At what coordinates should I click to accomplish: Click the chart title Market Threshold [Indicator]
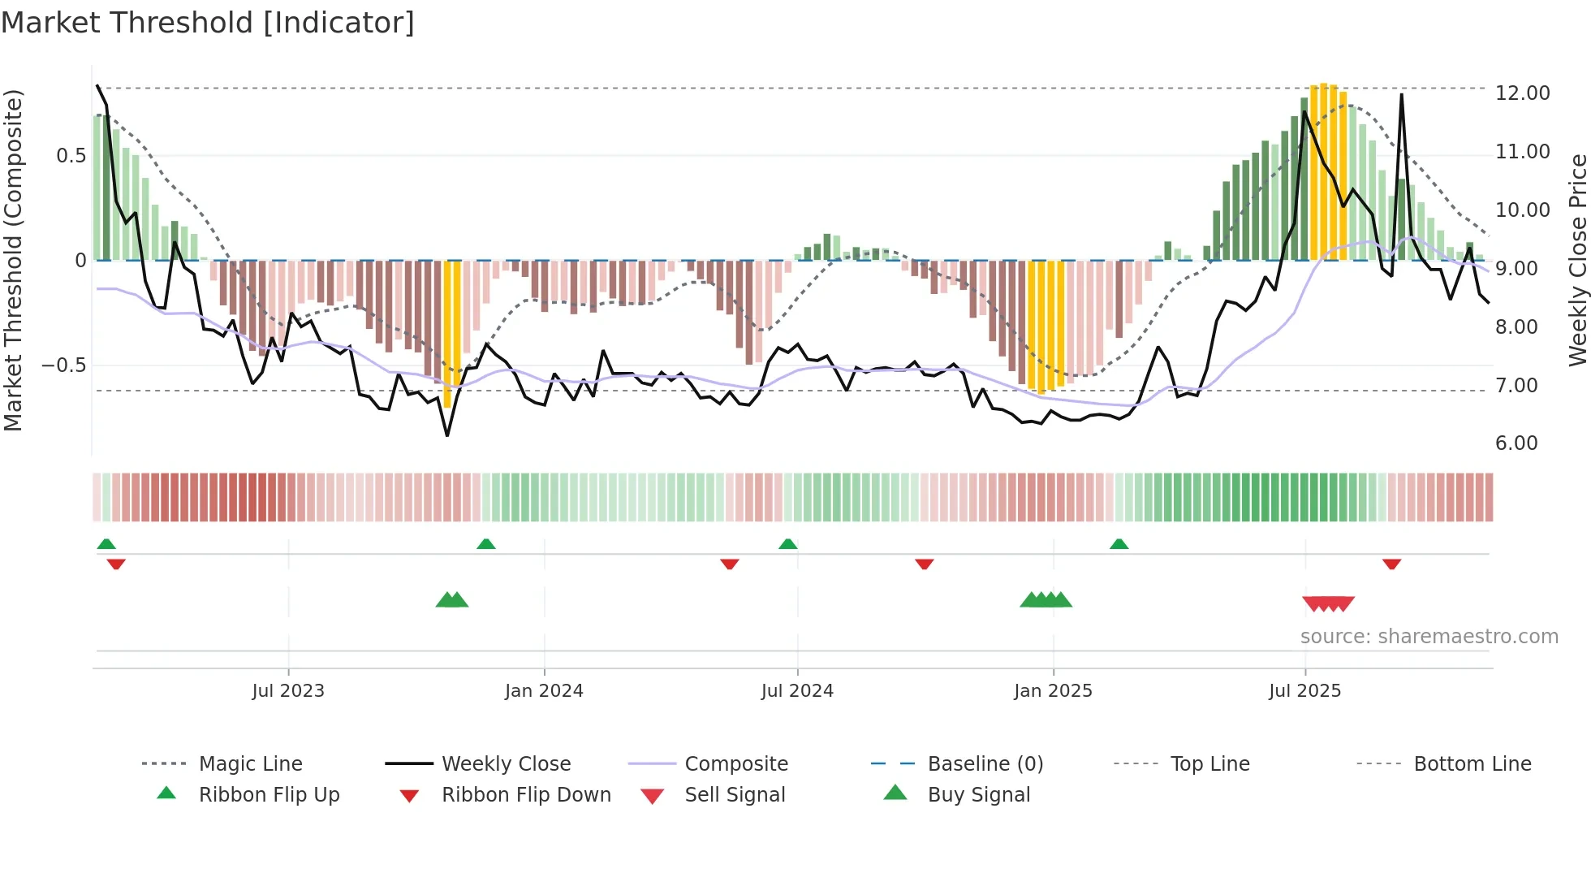tap(208, 23)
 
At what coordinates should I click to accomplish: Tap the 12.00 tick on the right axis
tap(1522, 93)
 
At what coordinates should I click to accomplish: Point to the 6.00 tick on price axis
tap(1516, 443)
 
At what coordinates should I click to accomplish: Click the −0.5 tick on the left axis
tap(63, 365)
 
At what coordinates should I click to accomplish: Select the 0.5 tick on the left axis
tap(71, 156)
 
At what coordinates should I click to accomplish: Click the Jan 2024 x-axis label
tap(544, 691)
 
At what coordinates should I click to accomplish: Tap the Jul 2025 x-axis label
tap(1304, 691)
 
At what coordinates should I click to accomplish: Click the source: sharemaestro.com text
tap(1429, 637)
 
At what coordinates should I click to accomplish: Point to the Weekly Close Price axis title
tap(1577, 260)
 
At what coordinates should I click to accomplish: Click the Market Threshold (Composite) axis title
tap(13, 260)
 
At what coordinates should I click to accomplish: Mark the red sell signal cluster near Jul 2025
tap(1328, 603)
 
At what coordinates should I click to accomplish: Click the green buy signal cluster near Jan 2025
tap(1046, 600)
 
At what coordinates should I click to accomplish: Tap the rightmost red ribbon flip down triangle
tap(1391, 564)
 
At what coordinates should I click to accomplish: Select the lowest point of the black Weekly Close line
tap(447, 435)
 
